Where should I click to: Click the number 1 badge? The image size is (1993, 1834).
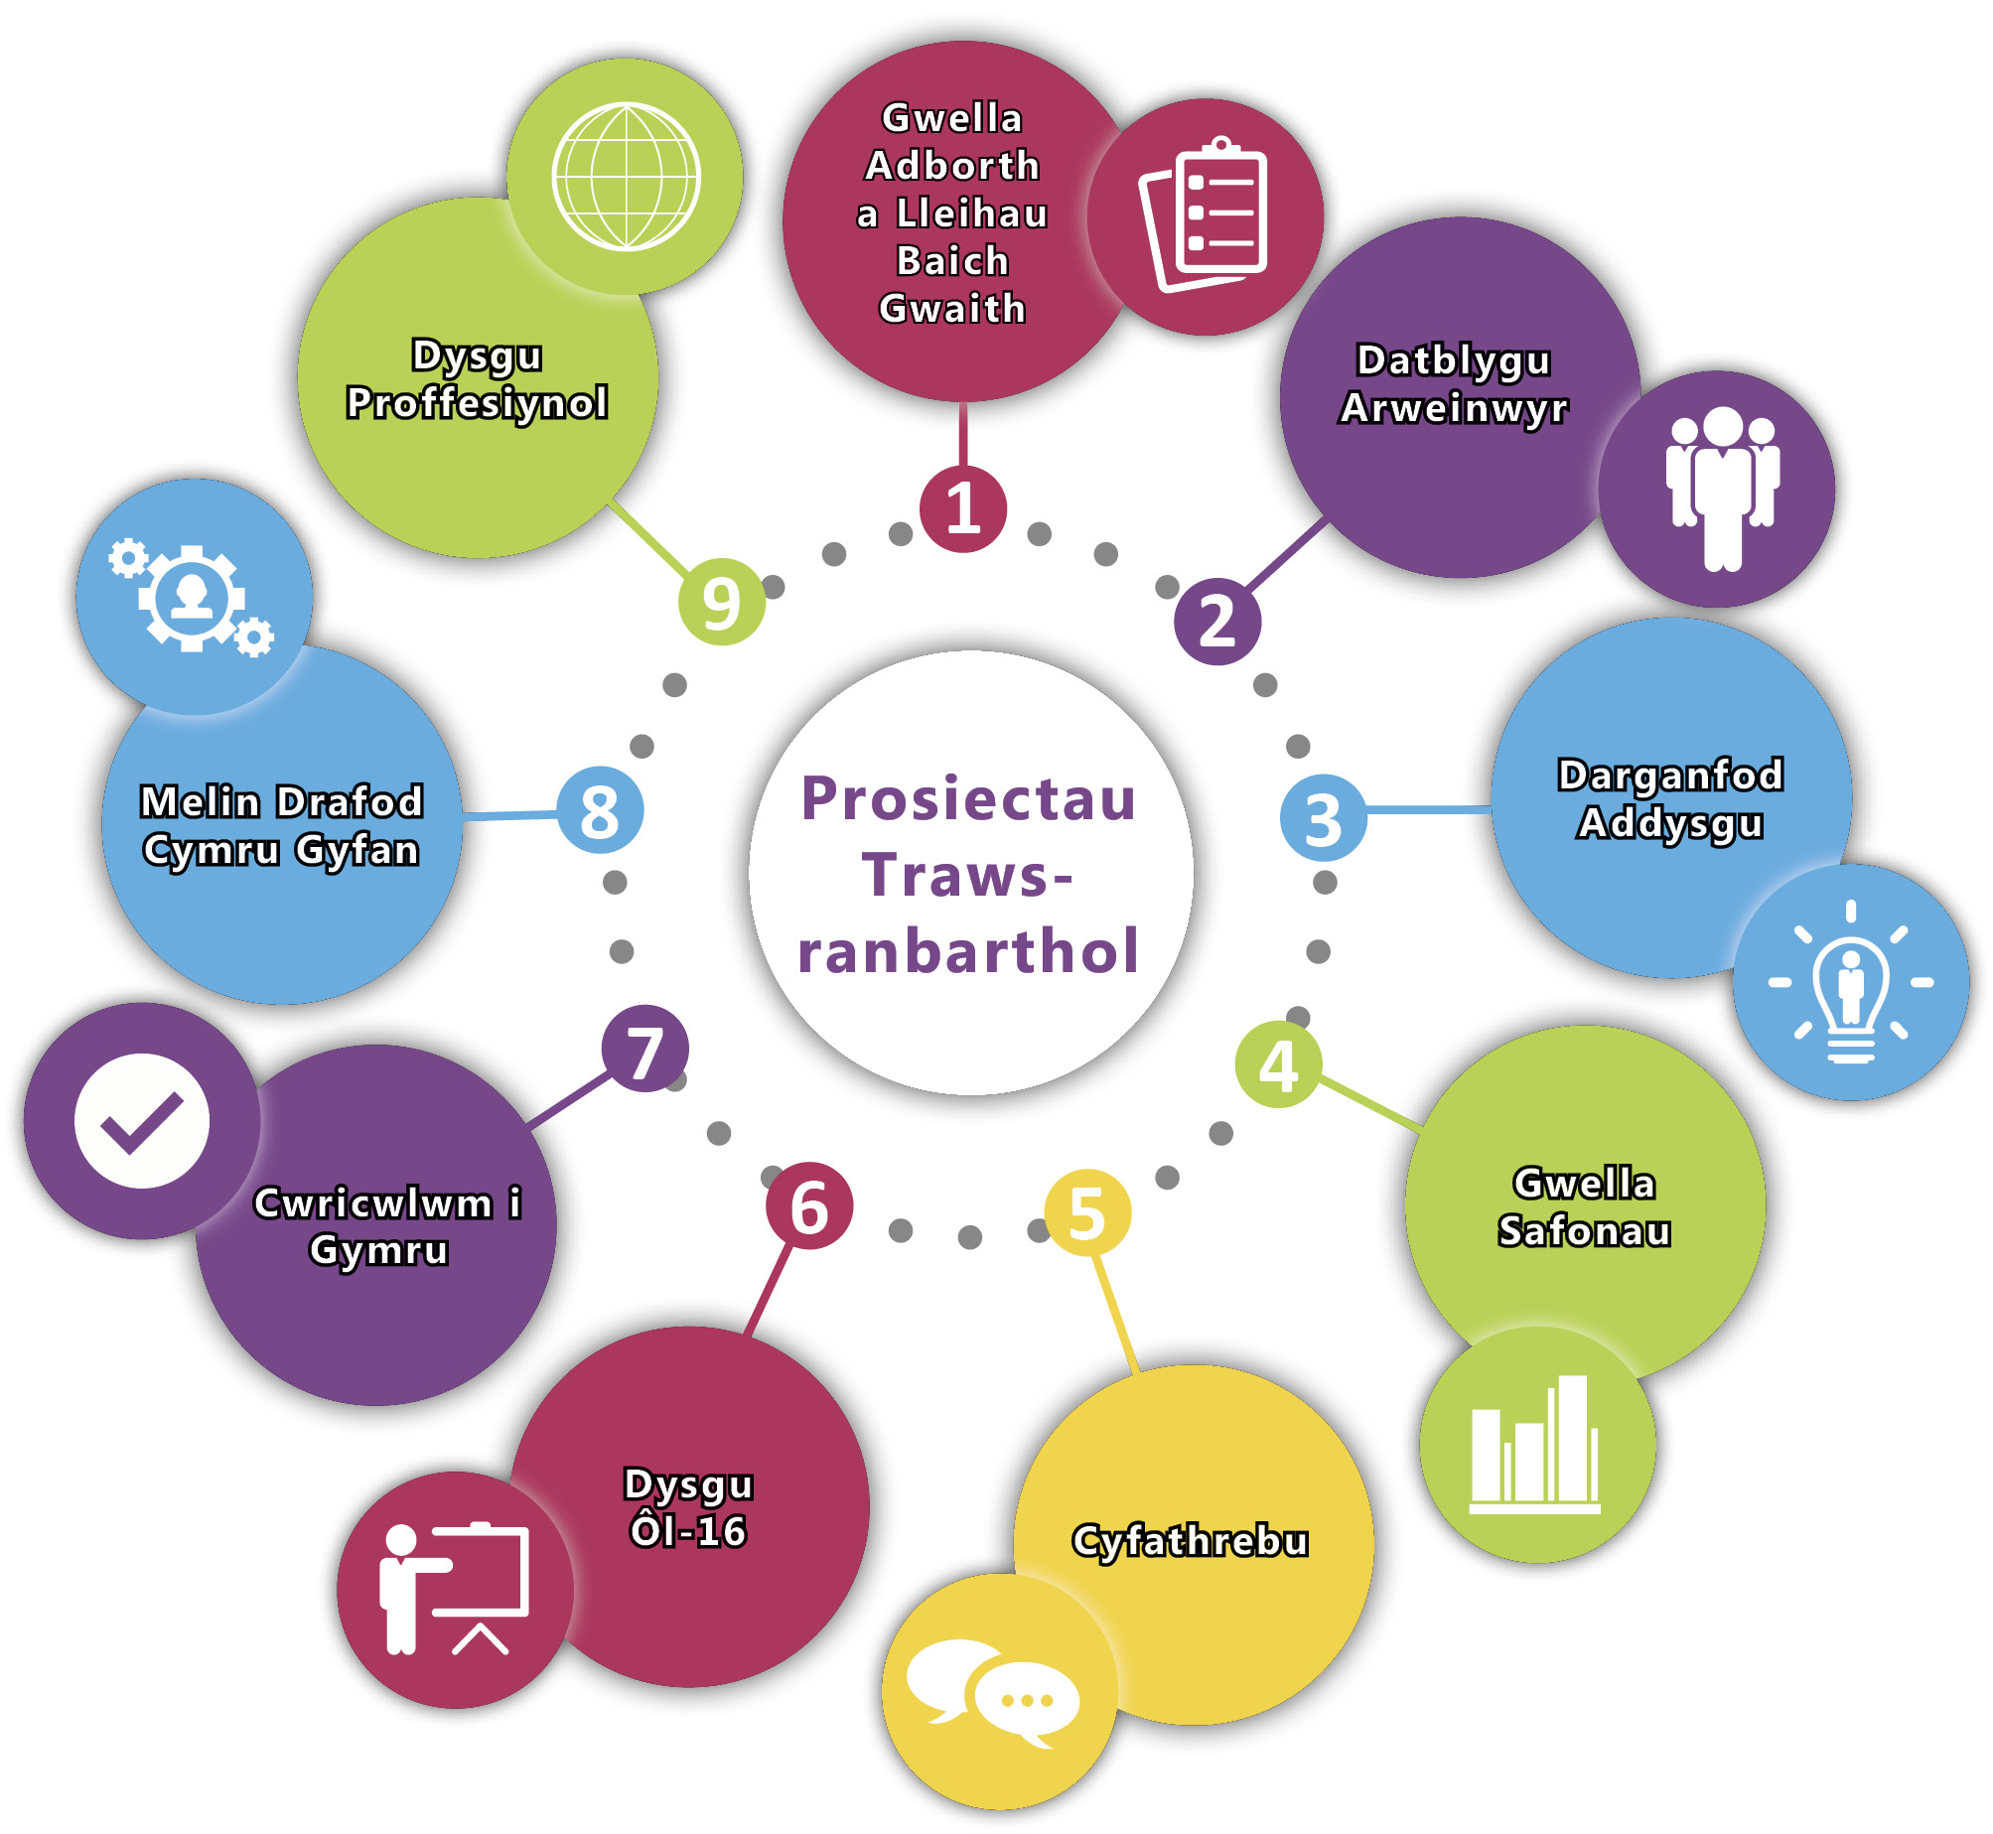[962, 509]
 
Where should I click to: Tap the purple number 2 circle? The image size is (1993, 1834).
[1217, 622]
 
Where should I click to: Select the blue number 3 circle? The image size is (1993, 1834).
[1323, 818]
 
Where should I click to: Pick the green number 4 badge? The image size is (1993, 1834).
[1278, 1064]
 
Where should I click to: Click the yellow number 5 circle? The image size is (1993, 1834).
[1087, 1212]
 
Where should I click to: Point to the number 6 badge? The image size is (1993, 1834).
[809, 1205]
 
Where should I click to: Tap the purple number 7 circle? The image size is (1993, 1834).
[645, 1050]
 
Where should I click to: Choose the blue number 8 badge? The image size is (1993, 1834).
[600, 810]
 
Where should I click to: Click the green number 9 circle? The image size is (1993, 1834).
[722, 602]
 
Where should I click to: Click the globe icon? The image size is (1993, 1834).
[627, 177]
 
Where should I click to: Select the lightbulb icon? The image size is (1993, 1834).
[1851, 983]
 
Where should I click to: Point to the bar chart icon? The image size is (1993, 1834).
[1535, 1445]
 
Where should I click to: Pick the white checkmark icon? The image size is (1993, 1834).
[142, 1121]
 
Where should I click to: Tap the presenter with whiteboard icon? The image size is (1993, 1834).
[455, 1589]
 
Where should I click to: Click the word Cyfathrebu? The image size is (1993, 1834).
[1190, 1541]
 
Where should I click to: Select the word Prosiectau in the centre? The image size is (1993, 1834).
[968, 799]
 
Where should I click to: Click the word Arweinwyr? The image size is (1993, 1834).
[1454, 408]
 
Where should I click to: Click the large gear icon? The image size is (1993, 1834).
[192, 598]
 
